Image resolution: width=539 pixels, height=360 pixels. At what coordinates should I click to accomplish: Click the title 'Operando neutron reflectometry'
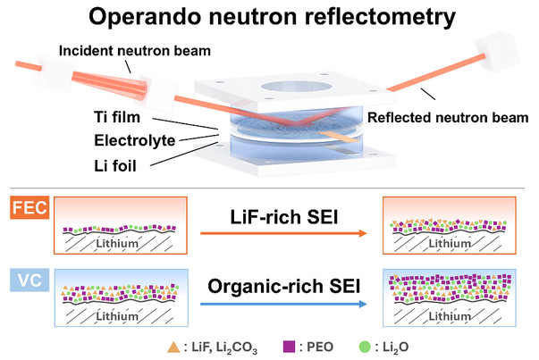[x=269, y=18]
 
